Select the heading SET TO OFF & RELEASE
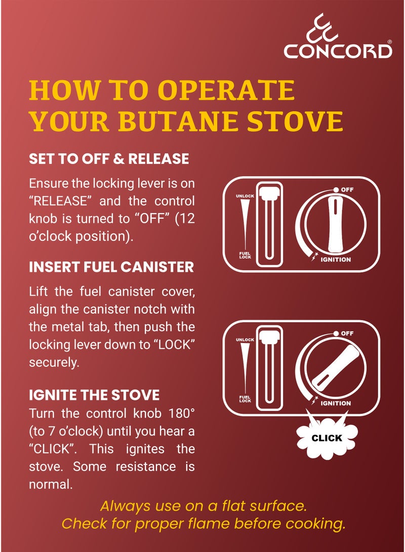point(109,159)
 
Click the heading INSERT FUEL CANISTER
point(111,267)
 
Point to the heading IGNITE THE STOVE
point(94,395)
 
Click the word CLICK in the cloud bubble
point(327,438)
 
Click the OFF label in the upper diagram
point(347,189)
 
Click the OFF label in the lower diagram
point(347,333)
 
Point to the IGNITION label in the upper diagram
point(335,260)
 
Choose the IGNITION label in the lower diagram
point(335,403)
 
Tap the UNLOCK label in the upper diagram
point(245,196)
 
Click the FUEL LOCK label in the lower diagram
point(245,399)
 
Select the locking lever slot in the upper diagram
point(268,224)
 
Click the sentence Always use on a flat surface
point(204,505)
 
